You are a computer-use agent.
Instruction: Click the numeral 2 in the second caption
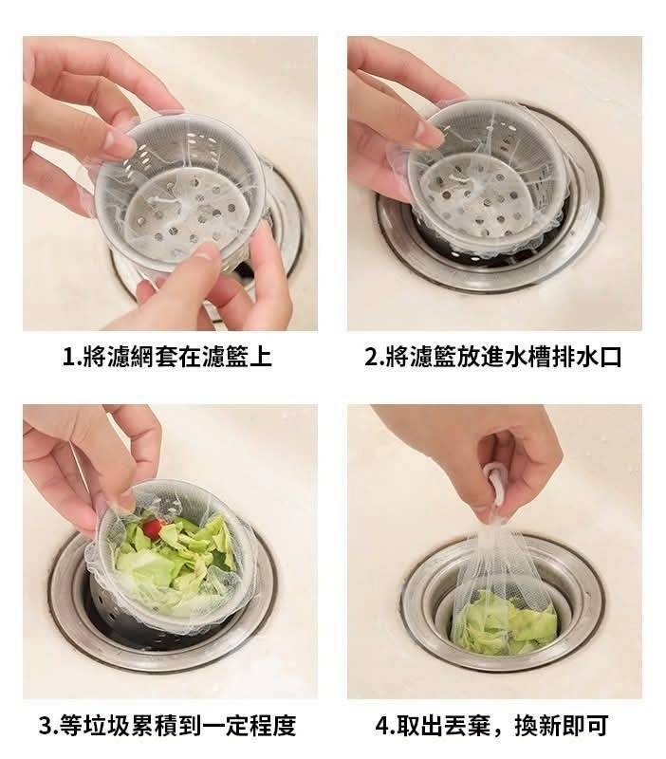372,358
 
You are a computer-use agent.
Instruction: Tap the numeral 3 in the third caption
46,725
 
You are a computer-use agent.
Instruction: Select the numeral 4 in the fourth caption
382,725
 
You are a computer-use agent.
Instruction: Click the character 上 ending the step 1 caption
260,358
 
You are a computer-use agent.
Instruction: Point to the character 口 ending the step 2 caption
609,358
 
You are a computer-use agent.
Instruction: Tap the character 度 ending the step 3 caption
284,725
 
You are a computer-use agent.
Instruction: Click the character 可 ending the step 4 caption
597,725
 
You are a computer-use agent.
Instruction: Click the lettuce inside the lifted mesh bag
504,623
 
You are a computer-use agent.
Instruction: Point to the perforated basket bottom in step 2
467,193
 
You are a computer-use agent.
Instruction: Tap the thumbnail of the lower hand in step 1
209,250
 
